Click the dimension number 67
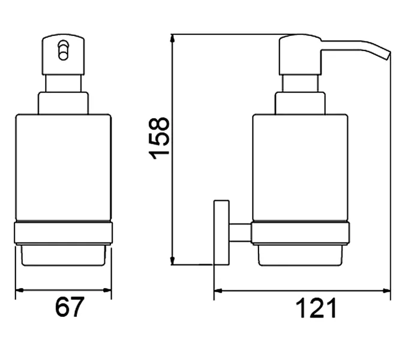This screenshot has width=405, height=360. click(x=70, y=307)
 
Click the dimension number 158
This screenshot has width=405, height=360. click(x=159, y=138)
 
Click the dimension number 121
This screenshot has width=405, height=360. click(x=316, y=308)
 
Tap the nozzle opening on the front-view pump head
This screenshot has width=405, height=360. click(x=63, y=50)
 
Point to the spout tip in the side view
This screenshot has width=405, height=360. click(x=388, y=56)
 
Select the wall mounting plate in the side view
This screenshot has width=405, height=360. click(x=221, y=232)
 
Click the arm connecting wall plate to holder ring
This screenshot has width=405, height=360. click(x=240, y=232)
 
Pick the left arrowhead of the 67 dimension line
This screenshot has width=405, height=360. click(x=19, y=290)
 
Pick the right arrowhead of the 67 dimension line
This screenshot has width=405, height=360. click(x=107, y=290)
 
